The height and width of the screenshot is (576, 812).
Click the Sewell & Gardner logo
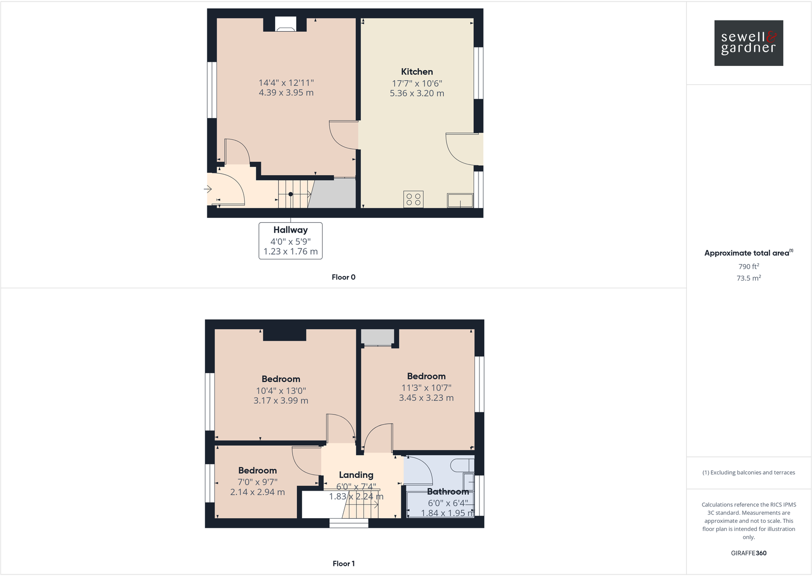point(748,43)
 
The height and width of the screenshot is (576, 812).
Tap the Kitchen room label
point(417,72)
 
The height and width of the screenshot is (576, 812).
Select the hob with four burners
point(413,199)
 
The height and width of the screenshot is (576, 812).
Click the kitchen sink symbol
point(460,200)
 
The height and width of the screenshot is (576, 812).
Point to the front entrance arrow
point(208,190)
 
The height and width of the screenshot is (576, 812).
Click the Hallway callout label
point(291,230)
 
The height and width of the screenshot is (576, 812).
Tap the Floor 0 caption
point(343,277)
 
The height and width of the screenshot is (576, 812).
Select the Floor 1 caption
point(343,563)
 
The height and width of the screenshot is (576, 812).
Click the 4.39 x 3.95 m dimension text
point(286,93)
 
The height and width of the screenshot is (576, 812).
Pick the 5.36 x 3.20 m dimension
point(417,94)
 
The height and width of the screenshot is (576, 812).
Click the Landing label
point(356,475)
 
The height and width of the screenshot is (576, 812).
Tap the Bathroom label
point(447,492)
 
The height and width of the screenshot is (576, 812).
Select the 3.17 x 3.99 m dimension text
point(281,401)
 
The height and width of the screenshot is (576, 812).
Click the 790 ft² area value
point(748,266)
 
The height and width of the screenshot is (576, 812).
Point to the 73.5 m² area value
point(748,278)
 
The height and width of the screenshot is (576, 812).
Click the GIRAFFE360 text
point(748,553)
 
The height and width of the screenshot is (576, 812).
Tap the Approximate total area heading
point(748,253)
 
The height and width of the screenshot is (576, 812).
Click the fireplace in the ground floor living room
point(285,25)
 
